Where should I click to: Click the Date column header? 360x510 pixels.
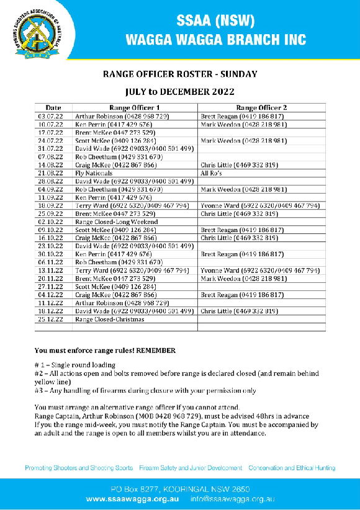(x=53, y=107)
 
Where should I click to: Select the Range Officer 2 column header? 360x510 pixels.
(x=261, y=107)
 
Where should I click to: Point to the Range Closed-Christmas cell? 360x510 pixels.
(x=109, y=320)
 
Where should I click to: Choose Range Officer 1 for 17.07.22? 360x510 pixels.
(x=115, y=133)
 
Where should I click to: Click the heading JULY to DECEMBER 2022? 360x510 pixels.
(x=180, y=92)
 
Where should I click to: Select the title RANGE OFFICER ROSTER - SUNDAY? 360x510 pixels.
(x=180, y=74)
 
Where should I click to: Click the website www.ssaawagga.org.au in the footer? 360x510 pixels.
(x=133, y=499)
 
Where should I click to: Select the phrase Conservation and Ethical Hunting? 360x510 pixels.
(x=292, y=468)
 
